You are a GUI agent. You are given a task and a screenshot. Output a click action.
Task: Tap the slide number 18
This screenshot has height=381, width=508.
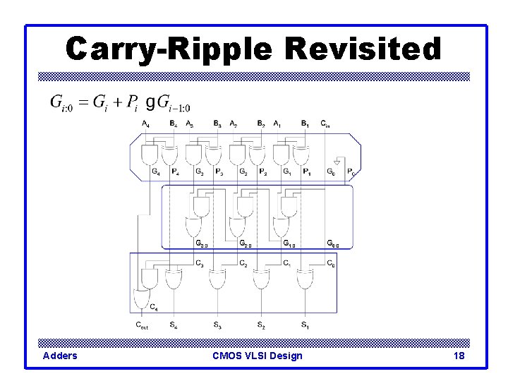[x=459, y=356]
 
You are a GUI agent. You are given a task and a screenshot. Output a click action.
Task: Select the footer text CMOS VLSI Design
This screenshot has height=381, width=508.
[x=258, y=356]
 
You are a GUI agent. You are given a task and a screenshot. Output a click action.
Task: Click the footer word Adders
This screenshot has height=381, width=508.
[x=60, y=356]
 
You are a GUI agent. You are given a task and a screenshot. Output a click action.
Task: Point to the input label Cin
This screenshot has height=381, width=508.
[x=325, y=124]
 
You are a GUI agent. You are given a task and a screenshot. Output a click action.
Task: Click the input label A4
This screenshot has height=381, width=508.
[x=145, y=124]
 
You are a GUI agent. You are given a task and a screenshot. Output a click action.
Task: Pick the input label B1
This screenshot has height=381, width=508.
[x=305, y=124]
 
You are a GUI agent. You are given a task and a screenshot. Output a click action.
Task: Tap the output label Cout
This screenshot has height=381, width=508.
[x=143, y=325]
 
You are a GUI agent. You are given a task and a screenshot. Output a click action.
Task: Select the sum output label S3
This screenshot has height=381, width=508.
[x=217, y=325]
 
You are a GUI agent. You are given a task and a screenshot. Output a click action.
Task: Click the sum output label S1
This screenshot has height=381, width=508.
[x=305, y=325]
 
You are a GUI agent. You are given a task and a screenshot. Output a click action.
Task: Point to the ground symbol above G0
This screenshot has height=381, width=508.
[x=337, y=162]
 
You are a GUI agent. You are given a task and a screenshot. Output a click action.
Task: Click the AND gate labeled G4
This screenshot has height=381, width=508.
[x=150, y=154]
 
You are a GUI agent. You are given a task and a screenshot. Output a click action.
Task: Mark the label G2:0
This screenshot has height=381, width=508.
[x=246, y=244]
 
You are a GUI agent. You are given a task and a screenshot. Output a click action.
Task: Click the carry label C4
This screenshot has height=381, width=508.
[x=154, y=307]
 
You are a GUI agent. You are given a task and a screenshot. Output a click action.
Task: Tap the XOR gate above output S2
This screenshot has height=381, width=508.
[x=261, y=280]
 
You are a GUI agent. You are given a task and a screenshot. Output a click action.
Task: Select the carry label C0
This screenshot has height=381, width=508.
[x=331, y=264]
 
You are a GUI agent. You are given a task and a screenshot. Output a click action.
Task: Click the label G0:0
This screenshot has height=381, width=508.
[x=333, y=244]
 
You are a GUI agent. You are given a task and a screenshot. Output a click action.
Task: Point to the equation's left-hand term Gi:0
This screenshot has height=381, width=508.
[x=59, y=102]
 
